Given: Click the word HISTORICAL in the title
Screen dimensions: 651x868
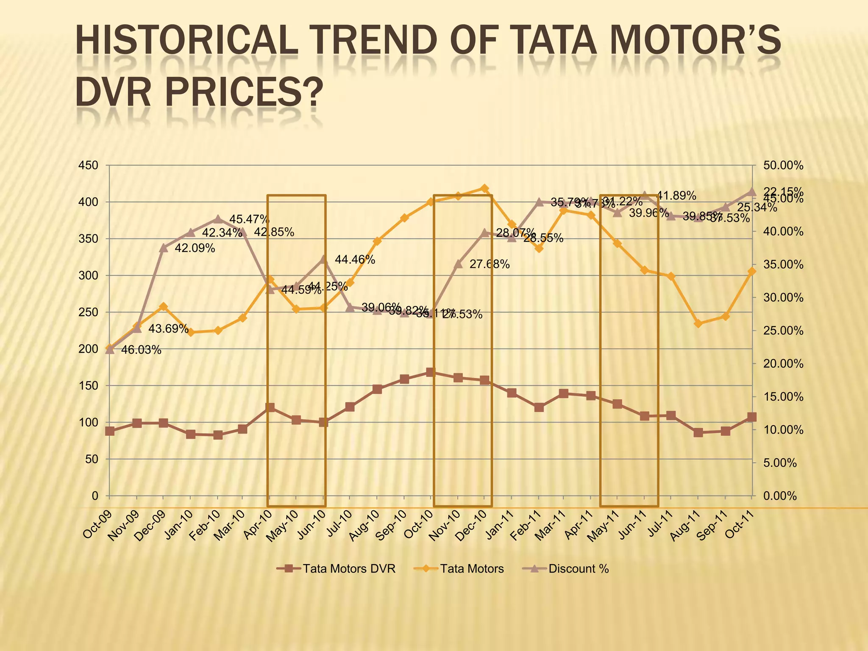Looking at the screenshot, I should click(x=186, y=41).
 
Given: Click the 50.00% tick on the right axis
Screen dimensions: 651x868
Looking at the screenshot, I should click(x=783, y=165).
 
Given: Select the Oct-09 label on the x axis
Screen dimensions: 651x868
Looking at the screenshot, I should click(x=97, y=525).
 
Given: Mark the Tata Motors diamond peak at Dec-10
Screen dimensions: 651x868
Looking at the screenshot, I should click(x=485, y=188).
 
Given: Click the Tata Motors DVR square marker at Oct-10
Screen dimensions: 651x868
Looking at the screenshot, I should click(x=430, y=373).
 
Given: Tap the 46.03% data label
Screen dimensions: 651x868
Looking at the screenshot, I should click(x=141, y=350).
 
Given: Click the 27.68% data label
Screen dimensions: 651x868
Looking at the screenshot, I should click(x=489, y=264).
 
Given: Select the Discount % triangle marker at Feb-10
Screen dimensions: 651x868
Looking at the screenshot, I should click(x=218, y=219).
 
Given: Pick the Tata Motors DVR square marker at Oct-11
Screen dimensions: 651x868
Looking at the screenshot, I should click(x=752, y=417).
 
